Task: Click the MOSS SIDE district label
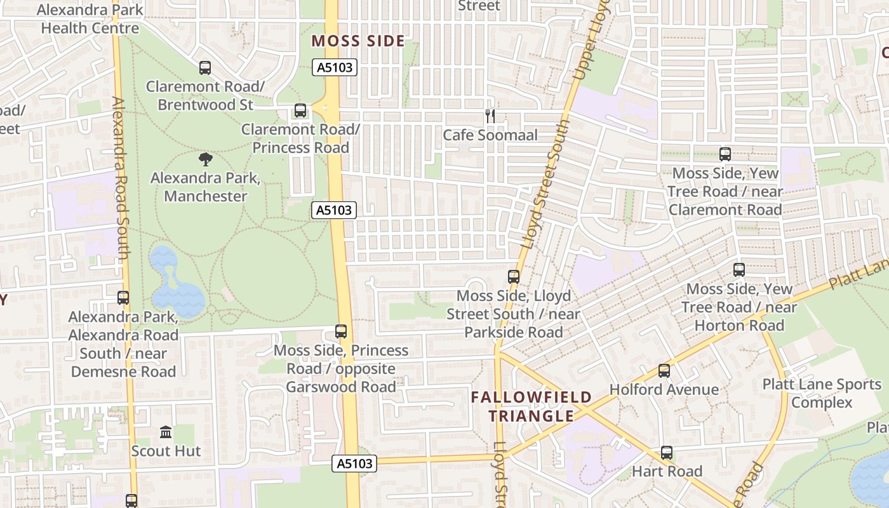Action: coord(358,41)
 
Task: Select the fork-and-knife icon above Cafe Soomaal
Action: coord(490,116)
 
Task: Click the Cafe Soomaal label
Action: coord(490,135)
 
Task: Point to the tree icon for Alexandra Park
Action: coord(205,159)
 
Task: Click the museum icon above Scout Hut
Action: coord(166,432)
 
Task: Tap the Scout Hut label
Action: coord(166,451)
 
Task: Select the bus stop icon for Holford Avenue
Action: coord(664,371)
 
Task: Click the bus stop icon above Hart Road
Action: coord(666,453)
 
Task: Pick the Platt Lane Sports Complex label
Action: coord(822,394)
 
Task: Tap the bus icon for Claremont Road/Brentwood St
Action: coord(204,68)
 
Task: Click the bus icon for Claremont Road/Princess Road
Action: coord(300,111)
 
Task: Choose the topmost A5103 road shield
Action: coord(335,67)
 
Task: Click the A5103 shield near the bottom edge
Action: coord(354,464)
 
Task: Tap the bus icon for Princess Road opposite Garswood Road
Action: coord(341,331)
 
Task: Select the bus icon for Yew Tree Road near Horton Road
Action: coord(739,270)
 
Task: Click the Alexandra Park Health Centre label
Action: coord(90,19)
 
